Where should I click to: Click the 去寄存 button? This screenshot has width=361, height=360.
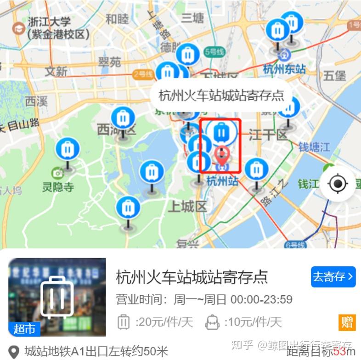333,276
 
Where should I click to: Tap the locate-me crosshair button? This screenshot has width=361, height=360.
338,184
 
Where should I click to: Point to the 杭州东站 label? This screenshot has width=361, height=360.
284,69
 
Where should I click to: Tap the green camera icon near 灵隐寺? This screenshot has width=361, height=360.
57,173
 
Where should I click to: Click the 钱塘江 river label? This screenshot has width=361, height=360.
314,147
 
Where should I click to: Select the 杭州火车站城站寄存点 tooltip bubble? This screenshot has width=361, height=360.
221,96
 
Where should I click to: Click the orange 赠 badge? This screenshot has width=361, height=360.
347,322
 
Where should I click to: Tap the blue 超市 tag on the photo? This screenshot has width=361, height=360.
24,329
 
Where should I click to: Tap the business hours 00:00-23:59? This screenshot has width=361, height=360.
261,300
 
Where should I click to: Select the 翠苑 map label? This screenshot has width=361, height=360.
109,62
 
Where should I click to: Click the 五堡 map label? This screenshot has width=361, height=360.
334,75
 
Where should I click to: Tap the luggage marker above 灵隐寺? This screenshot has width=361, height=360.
68,150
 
